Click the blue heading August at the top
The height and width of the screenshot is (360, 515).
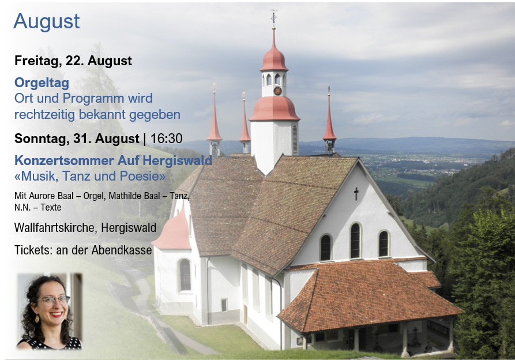(x=46, y=22)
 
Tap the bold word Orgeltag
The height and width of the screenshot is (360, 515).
(x=42, y=82)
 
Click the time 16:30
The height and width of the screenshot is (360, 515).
(x=166, y=138)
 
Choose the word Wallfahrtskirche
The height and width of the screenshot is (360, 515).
(x=55, y=228)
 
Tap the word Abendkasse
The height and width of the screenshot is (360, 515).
(x=122, y=250)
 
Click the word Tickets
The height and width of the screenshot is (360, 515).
(x=33, y=250)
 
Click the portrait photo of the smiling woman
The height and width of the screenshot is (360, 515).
(x=49, y=311)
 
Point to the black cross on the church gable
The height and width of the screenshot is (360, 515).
(x=356, y=194)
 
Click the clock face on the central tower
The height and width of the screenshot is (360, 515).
(x=277, y=91)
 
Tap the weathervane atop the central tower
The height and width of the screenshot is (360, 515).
(x=273, y=18)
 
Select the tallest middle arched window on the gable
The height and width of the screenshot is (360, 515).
(x=355, y=241)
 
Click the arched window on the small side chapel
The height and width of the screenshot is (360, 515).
(x=185, y=275)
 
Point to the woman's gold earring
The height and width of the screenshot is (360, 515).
(x=37, y=318)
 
